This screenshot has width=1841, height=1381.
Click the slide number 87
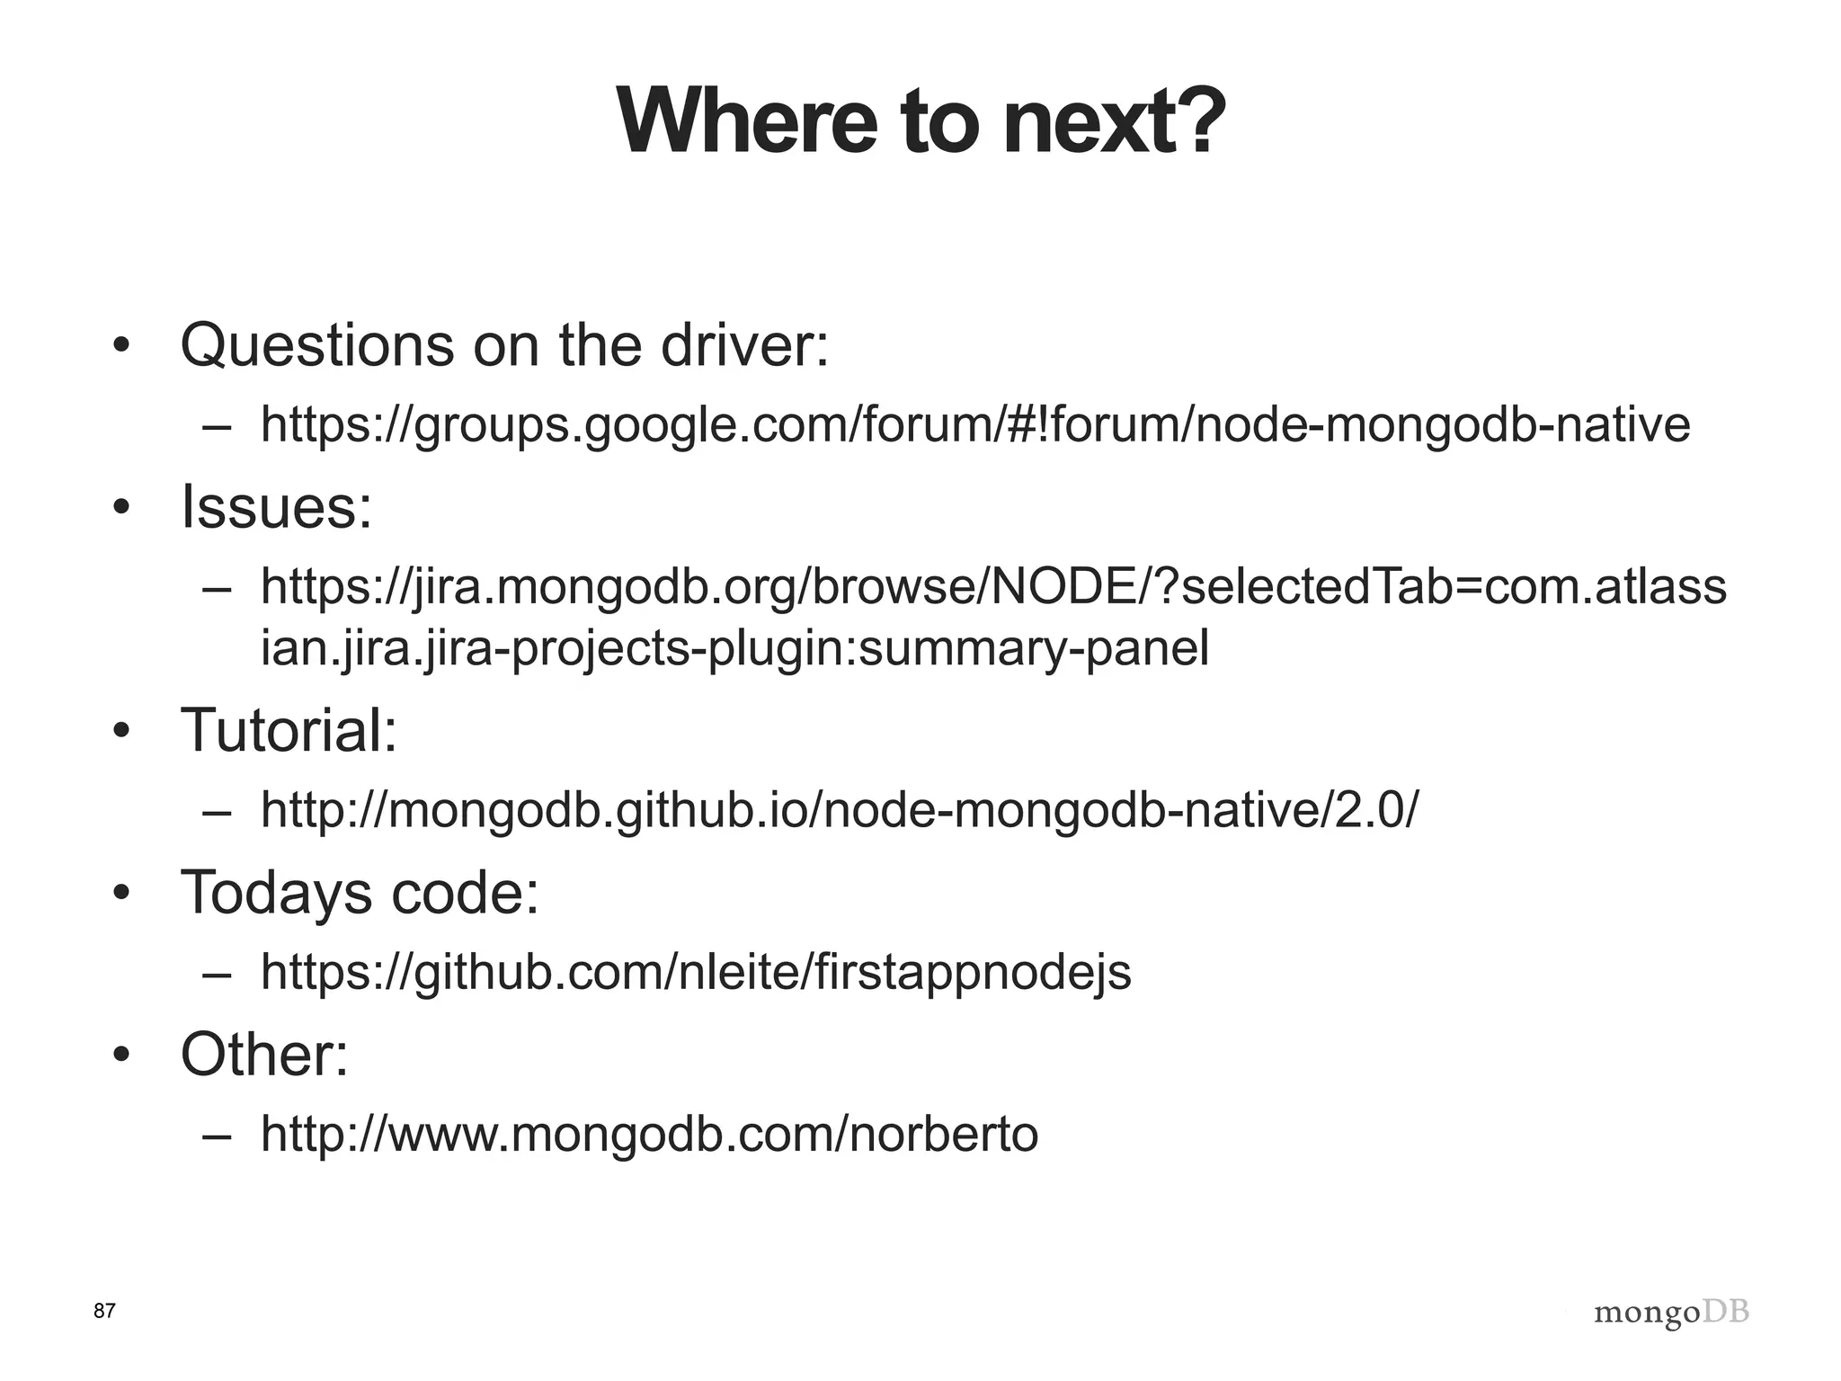[104, 1311]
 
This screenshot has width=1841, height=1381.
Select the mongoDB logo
[1671, 1314]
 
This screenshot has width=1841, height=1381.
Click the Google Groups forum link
[974, 424]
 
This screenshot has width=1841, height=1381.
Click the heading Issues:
[276, 507]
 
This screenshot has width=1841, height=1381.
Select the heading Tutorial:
[289, 730]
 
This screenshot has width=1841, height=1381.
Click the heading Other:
[264, 1055]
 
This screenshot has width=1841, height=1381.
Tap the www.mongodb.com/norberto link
[649, 1134]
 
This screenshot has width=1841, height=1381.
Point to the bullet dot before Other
[121, 1055]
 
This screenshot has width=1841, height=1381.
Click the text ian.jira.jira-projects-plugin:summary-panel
[734, 647]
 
